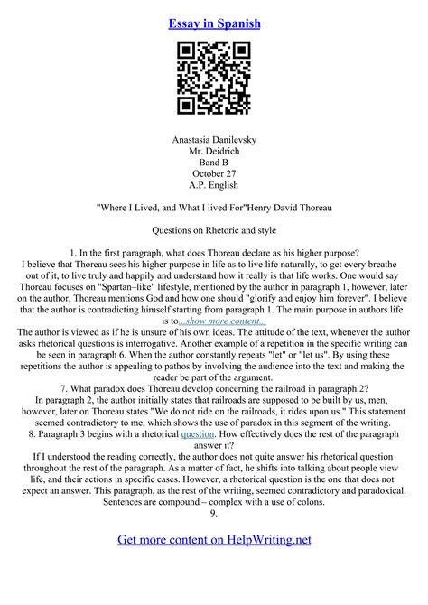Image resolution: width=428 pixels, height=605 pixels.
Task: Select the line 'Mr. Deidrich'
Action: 214,153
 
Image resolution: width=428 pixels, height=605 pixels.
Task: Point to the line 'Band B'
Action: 214,165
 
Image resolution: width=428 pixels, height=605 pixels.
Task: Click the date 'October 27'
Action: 214,178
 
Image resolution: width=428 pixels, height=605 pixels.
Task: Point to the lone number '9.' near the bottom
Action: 214,513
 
